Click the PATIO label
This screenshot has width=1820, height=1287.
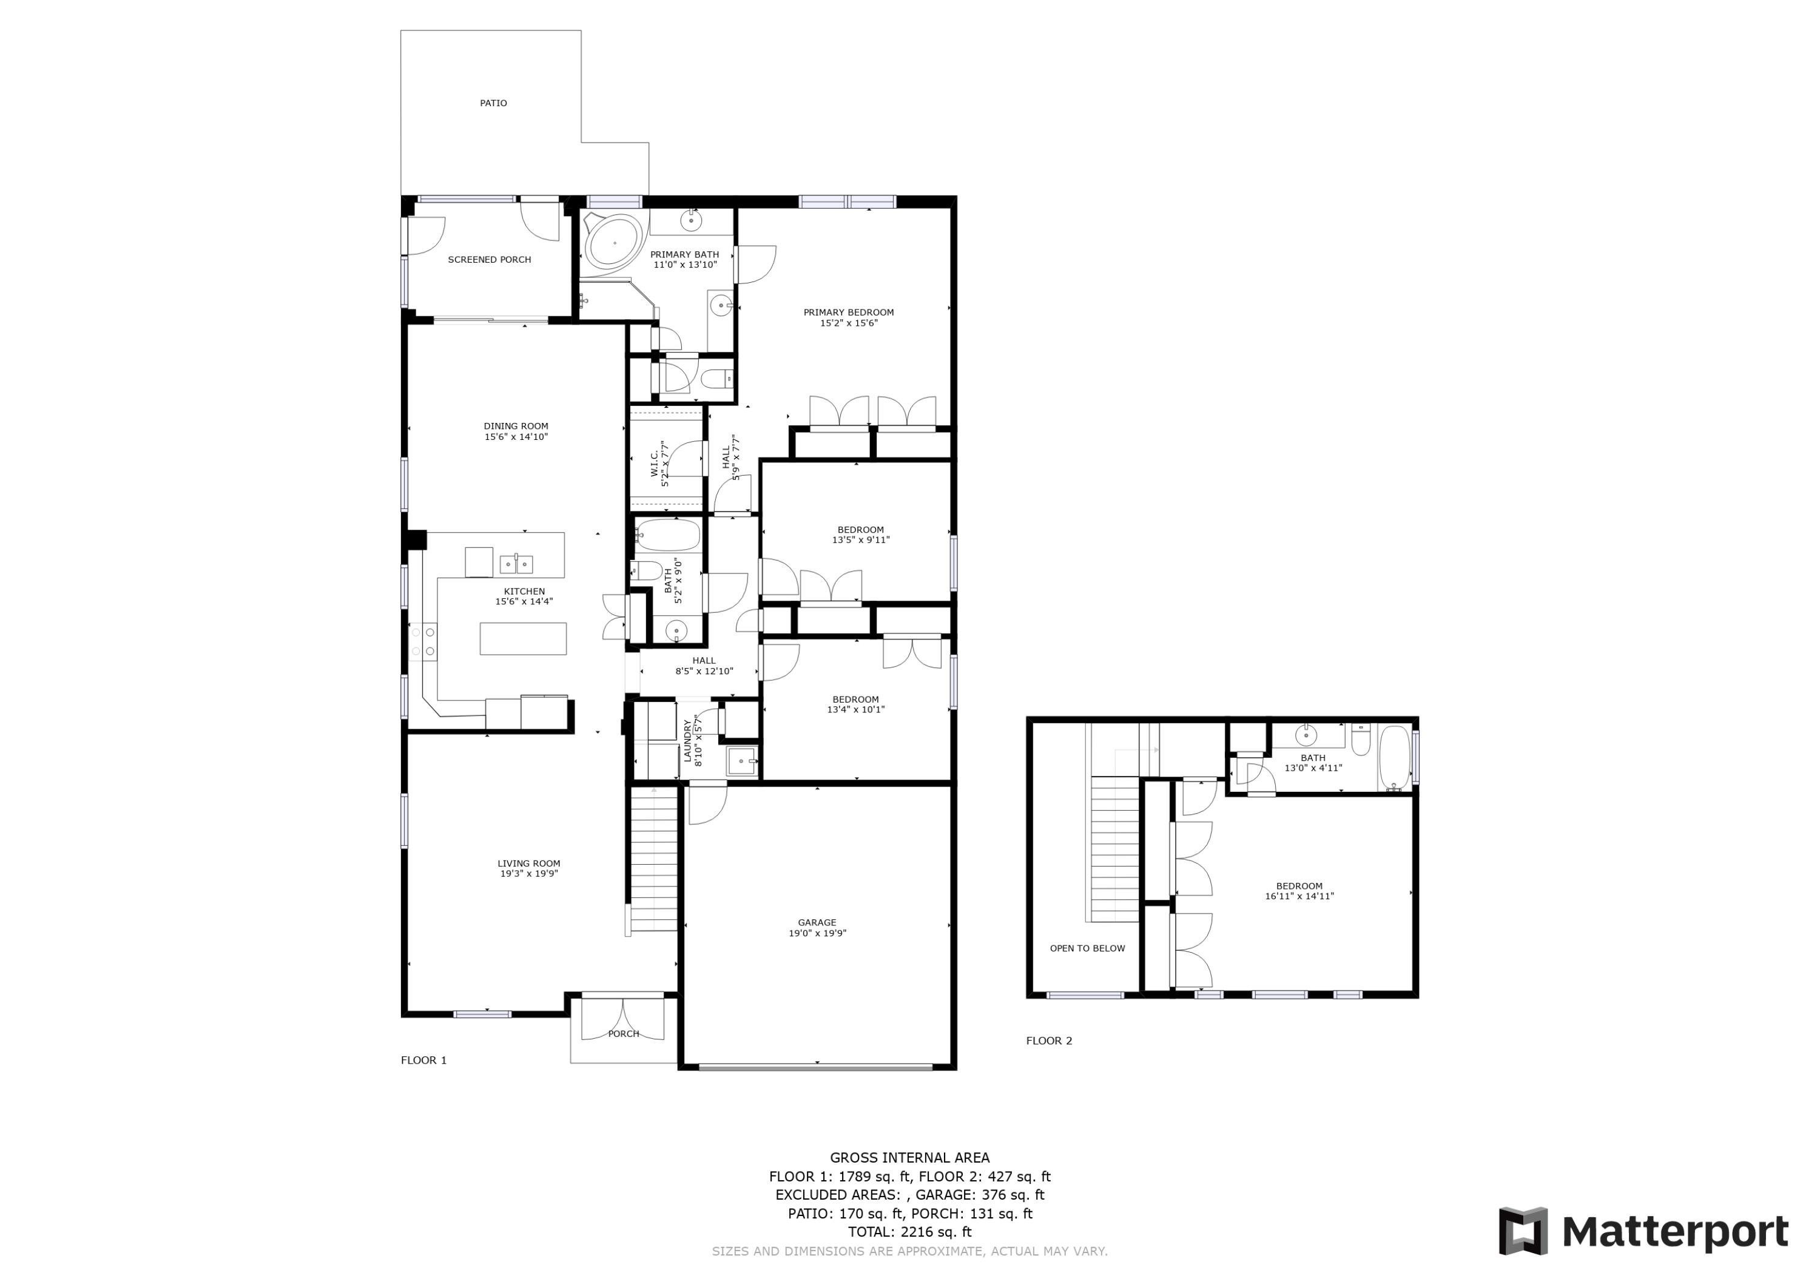pyautogui.click(x=493, y=103)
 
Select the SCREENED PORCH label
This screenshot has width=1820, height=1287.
pyautogui.click(x=489, y=259)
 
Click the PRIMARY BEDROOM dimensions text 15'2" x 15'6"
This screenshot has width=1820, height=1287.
pyautogui.click(x=848, y=323)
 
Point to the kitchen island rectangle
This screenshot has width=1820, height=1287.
pyautogui.click(x=522, y=638)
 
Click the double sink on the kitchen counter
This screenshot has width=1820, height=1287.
pyautogui.click(x=516, y=564)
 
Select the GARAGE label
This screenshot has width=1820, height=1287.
pyautogui.click(x=817, y=922)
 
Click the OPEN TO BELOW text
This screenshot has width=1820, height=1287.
pyautogui.click(x=1087, y=948)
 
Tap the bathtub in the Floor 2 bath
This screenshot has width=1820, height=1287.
pyautogui.click(x=1394, y=757)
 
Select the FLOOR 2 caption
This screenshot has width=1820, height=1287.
pyautogui.click(x=1049, y=1041)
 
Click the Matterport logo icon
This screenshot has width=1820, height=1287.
pyautogui.click(x=1522, y=1232)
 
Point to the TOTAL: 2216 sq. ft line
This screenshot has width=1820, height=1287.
pyautogui.click(x=909, y=1232)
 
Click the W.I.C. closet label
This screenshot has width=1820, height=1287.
pyautogui.click(x=655, y=464)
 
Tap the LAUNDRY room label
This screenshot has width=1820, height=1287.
pyautogui.click(x=687, y=741)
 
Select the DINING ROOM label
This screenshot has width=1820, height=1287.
pyautogui.click(x=516, y=426)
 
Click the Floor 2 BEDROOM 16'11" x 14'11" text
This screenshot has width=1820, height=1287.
pyautogui.click(x=1299, y=891)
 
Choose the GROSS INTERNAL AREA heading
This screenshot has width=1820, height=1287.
pyautogui.click(x=909, y=1158)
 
